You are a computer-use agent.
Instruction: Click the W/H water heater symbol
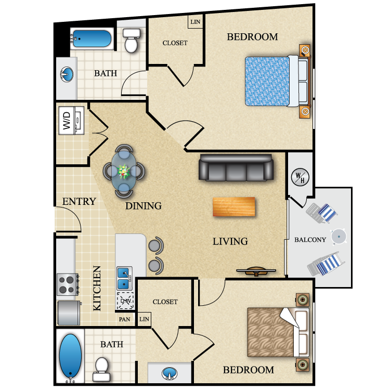(300, 177)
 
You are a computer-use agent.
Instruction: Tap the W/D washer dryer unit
(71, 121)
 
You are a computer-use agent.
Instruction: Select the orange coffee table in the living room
(234, 206)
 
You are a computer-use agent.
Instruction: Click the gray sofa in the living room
(236, 167)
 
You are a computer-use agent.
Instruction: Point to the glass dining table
(124, 171)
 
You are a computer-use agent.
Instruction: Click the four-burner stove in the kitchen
(68, 284)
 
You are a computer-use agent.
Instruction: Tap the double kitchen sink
(124, 278)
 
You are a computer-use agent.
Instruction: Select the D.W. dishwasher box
(125, 301)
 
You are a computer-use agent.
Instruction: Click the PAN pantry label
(124, 319)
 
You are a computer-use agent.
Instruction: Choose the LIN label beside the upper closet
(195, 22)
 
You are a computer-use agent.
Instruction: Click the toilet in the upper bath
(131, 40)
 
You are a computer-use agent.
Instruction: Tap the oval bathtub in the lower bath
(70, 356)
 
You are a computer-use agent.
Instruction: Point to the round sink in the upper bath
(67, 74)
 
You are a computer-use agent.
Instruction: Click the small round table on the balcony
(339, 237)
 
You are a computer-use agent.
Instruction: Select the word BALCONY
(310, 240)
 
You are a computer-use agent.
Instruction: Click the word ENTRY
(79, 201)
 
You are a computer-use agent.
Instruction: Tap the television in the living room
(256, 271)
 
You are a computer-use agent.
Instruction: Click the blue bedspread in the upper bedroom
(267, 81)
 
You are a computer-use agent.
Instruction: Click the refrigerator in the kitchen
(69, 313)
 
